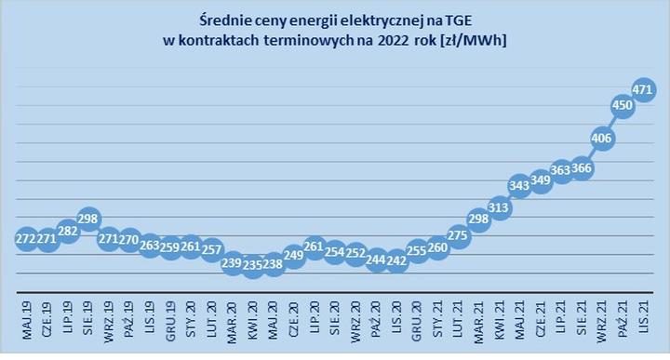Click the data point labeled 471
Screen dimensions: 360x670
(643, 89)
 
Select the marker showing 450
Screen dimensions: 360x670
(622, 106)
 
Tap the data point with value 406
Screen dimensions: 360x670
(601, 139)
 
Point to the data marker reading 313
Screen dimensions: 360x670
(499, 208)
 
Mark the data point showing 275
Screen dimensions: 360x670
(458, 236)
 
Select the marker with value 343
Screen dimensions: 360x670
(519, 186)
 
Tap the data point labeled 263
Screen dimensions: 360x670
(150, 247)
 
